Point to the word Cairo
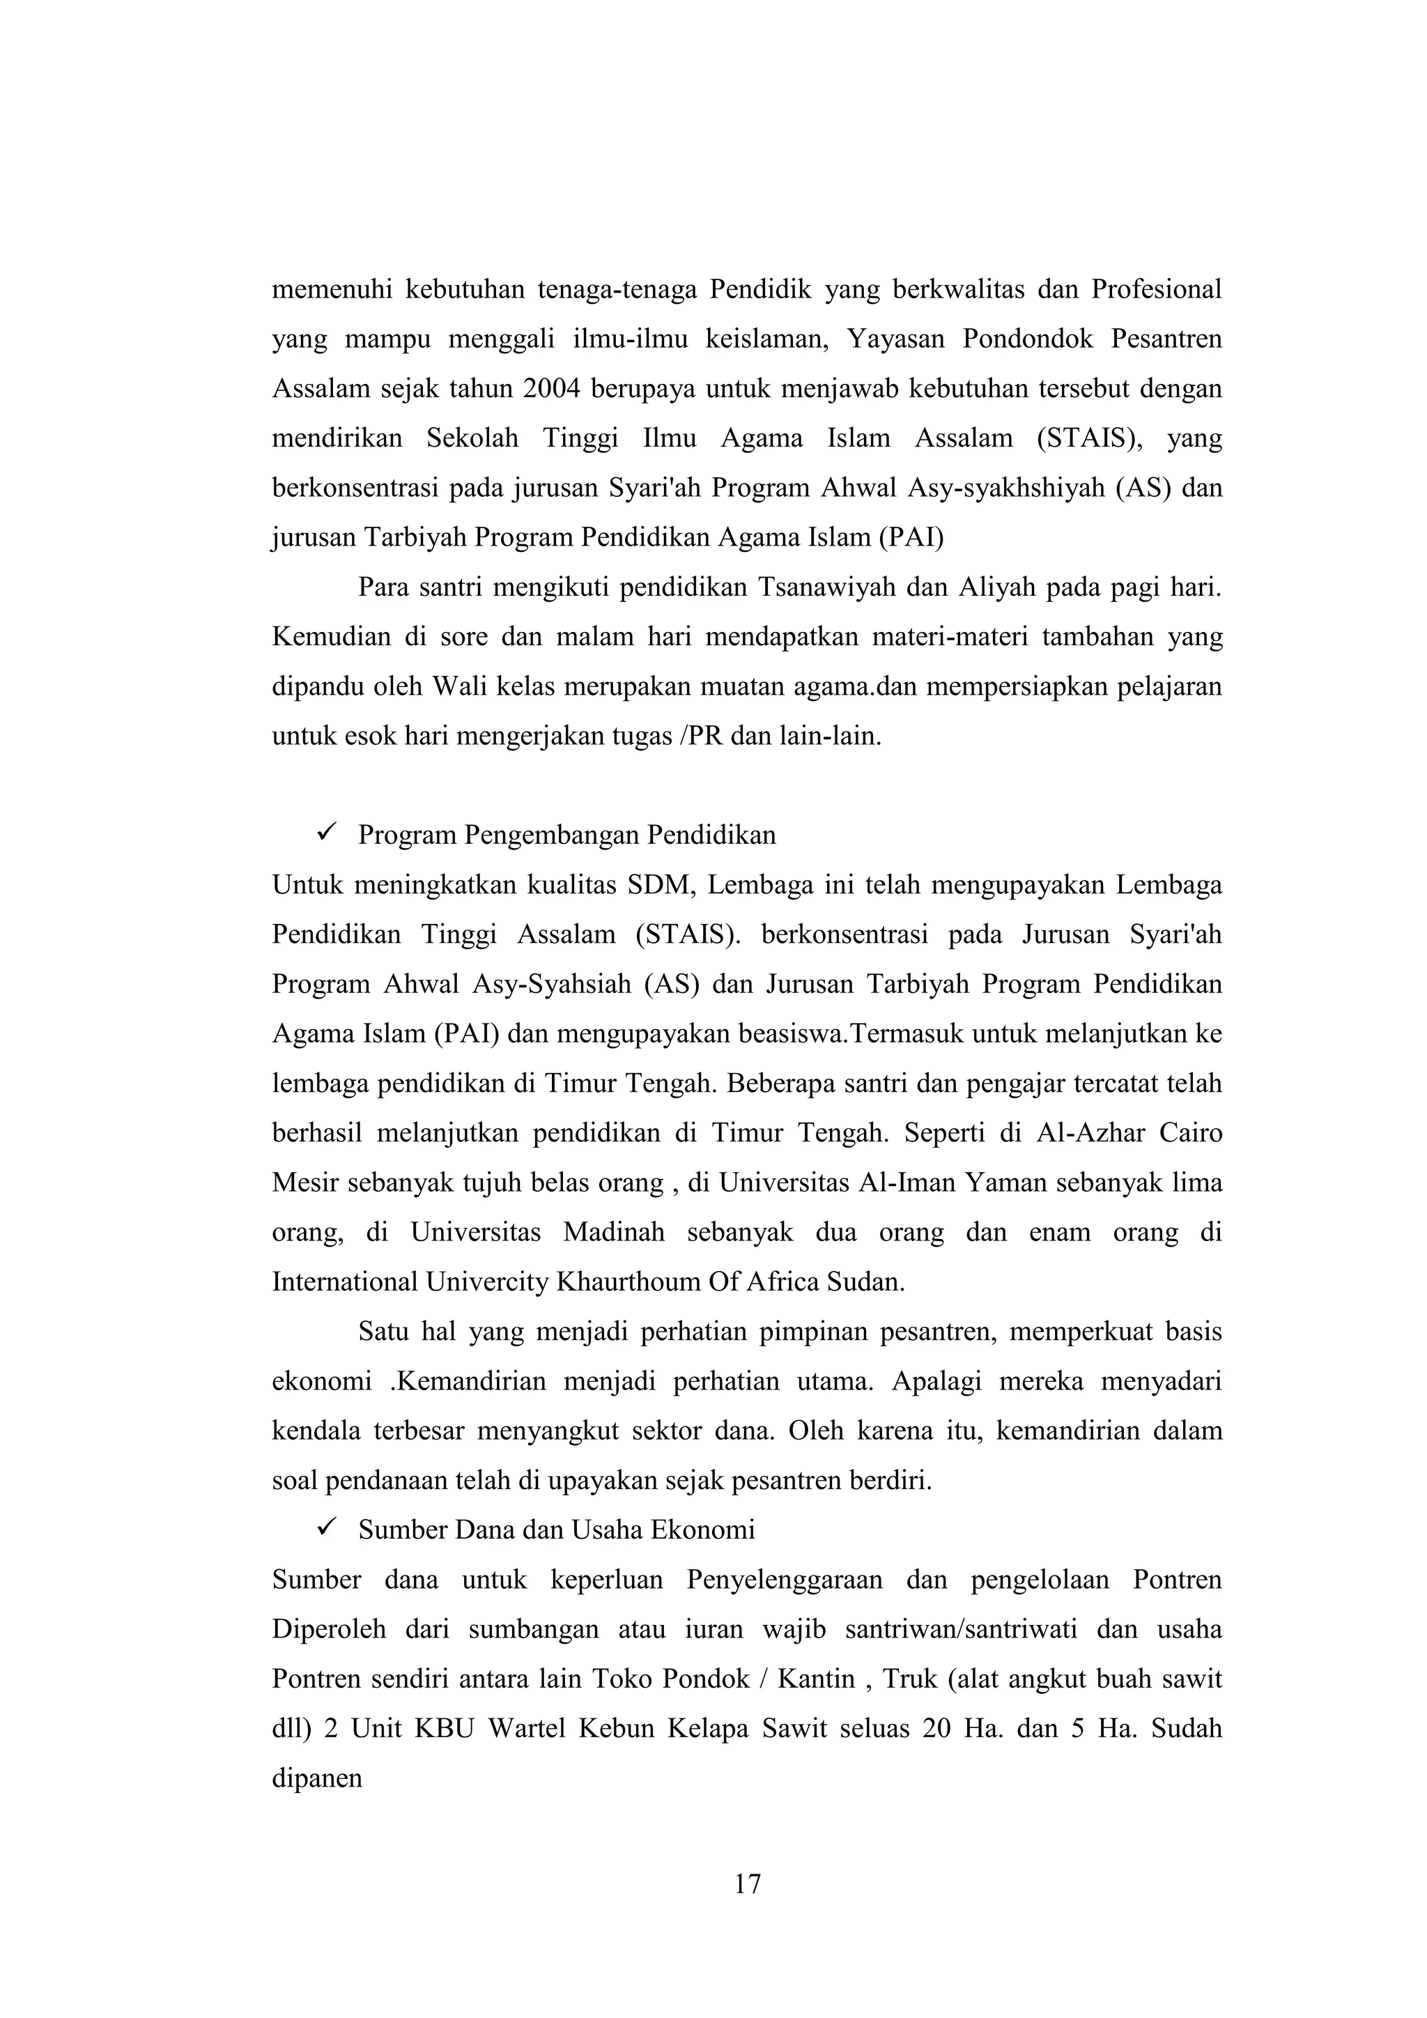[x=1191, y=1132]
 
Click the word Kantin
[x=817, y=1679]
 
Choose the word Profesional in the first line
[x=1157, y=289]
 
